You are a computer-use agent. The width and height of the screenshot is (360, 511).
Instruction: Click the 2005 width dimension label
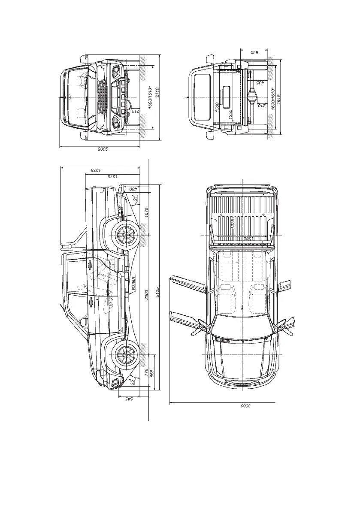(x=101, y=148)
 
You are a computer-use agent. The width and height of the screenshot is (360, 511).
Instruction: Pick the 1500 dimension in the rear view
(x=217, y=107)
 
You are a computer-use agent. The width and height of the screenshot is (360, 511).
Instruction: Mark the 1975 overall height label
(x=98, y=170)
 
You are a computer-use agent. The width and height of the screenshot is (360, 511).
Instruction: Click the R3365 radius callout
(x=134, y=284)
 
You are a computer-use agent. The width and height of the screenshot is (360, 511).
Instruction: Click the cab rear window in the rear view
(x=201, y=97)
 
